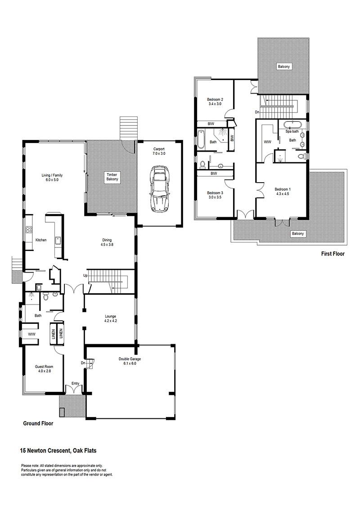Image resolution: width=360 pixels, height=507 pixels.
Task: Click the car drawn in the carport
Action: pos(160,189)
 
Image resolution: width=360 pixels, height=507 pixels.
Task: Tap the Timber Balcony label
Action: pos(112,177)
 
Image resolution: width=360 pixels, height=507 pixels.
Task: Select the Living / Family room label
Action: pos(52,178)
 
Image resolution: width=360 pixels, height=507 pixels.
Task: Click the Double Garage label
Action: pos(130,361)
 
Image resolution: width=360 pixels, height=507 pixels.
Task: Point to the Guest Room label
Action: pos(44,369)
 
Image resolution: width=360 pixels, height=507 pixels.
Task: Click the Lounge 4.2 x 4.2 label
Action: pos(110,319)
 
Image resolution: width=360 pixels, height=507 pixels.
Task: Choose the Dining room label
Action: pos(107,242)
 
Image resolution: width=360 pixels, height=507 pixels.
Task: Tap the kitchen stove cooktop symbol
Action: pos(28,230)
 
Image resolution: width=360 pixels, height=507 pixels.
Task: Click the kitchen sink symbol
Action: pos(58,240)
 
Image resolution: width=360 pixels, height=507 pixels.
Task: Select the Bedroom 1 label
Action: pos(283,192)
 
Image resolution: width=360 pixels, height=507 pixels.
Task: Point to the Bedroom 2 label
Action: pos(215,102)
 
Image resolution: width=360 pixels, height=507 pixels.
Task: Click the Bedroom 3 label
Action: pos(215,195)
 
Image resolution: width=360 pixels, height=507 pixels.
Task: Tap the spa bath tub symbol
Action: pos(292,125)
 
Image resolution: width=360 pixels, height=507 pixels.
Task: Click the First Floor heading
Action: pos(333,254)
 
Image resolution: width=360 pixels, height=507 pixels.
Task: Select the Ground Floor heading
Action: pos(38,423)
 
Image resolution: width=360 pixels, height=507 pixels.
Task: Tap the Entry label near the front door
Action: pos(75,383)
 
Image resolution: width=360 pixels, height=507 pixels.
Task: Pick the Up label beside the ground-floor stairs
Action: pos(85,275)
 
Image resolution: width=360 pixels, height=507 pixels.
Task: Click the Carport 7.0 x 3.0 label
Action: pos(159,151)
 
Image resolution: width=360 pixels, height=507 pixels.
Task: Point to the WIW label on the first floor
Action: pos(267,142)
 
